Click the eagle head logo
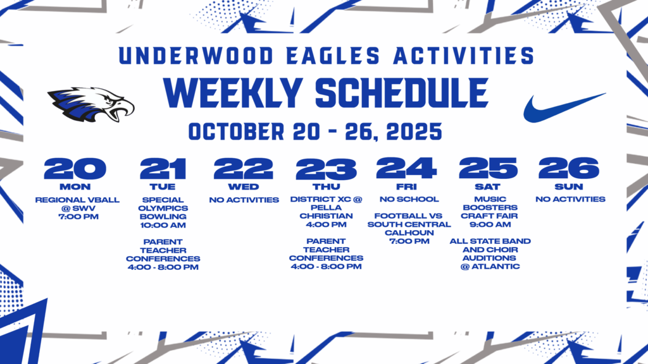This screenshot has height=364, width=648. (90, 104)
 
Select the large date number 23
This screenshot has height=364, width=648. (326, 169)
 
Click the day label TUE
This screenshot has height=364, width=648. (163, 186)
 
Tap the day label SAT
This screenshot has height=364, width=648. (487, 186)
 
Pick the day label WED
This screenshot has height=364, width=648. (244, 186)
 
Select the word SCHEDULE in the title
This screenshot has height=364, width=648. (401, 93)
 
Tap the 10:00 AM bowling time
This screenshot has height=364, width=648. (163, 225)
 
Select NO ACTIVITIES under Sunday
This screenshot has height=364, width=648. (570, 199)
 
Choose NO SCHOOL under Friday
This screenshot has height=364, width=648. (409, 199)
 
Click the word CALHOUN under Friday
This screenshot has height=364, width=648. (409, 233)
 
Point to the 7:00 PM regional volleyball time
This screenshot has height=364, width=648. (77, 217)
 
